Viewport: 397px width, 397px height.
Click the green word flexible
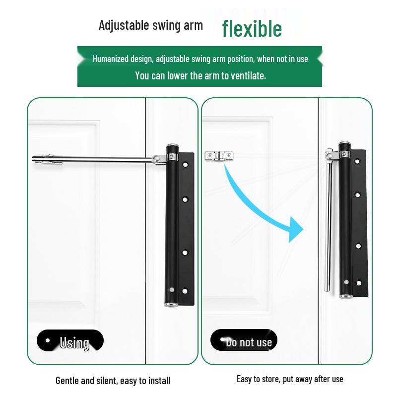[x=252, y=29]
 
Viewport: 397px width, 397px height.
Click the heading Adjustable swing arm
[x=150, y=25]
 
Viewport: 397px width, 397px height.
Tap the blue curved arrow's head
[x=296, y=230]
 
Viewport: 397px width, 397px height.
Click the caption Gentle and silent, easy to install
[x=113, y=381]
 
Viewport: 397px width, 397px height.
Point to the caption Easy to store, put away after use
[x=290, y=379]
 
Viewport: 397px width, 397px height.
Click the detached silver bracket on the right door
[x=218, y=156]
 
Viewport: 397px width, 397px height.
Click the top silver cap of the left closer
[x=172, y=147]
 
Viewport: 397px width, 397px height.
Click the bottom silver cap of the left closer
[x=171, y=303]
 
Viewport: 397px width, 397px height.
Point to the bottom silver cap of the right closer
[x=346, y=296]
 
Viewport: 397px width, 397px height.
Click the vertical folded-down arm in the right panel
[x=329, y=223]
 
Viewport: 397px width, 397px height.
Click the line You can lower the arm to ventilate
[x=200, y=75]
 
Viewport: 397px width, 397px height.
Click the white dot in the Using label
[x=48, y=340]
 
